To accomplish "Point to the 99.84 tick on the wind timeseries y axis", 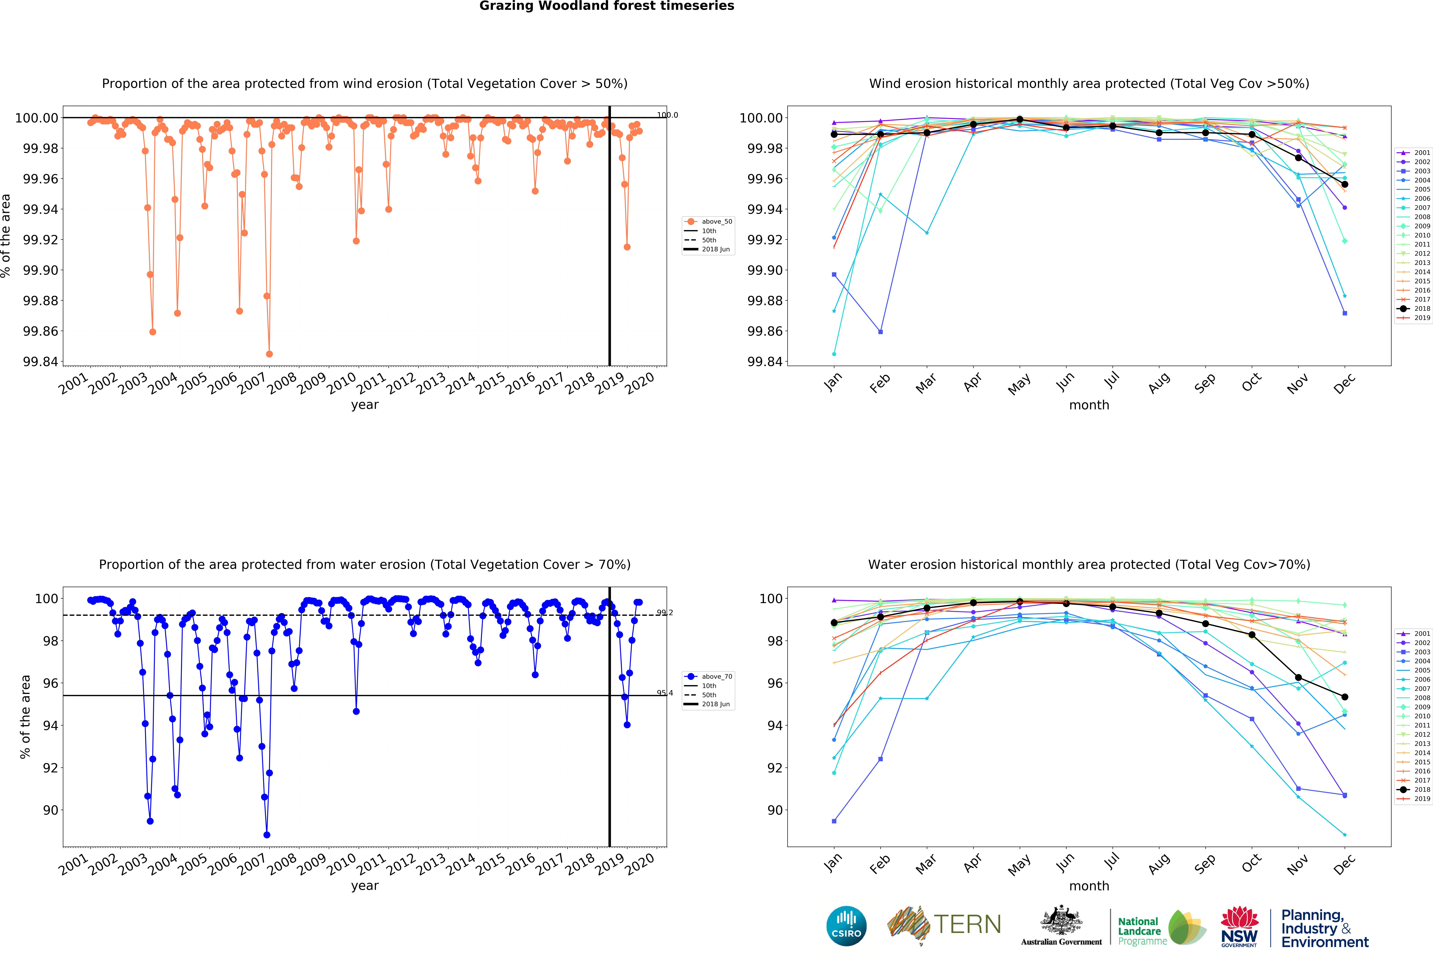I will tap(41, 362).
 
